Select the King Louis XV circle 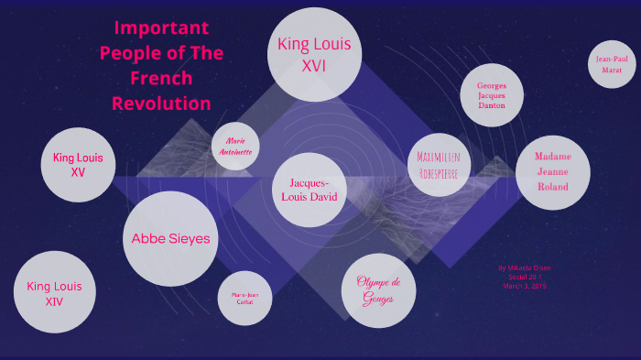[x=78, y=164]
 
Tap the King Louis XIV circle [x=54, y=292]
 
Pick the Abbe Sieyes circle [x=170, y=238]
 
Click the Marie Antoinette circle [x=234, y=147]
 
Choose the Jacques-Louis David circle [x=308, y=190]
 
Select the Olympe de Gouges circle [x=378, y=289]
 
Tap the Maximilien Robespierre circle [x=440, y=163]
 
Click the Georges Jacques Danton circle [x=491, y=95]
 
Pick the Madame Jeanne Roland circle [x=552, y=171]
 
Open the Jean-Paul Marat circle [x=612, y=63]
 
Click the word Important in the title [x=162, y=27]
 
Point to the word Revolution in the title [x=162, y=103]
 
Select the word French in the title [x=161, y=78]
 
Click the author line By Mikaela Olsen [x=525, y=268]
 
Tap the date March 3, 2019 [x=524, y=286]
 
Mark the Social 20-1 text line [x=524, y=277]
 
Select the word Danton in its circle [x=491, y=105]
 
